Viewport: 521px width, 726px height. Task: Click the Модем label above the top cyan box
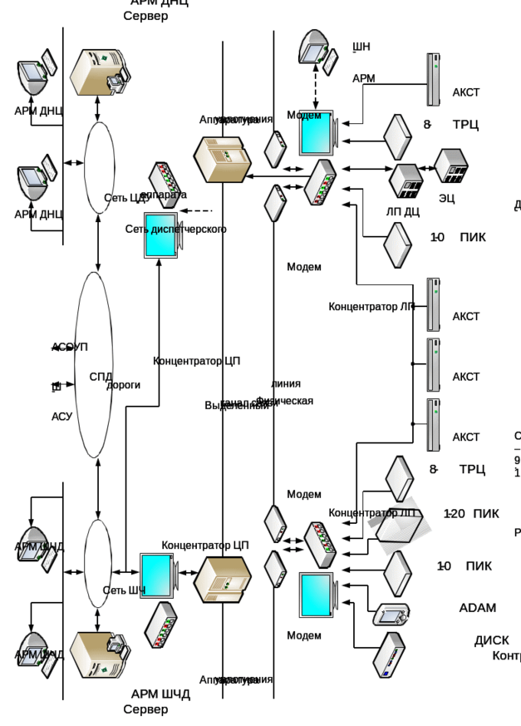point(304,116)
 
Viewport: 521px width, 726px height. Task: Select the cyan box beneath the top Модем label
point(316,132)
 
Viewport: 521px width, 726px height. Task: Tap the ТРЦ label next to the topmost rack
point(464,124)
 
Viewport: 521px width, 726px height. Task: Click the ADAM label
point(476,608)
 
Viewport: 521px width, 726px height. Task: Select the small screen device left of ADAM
point(392,615)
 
